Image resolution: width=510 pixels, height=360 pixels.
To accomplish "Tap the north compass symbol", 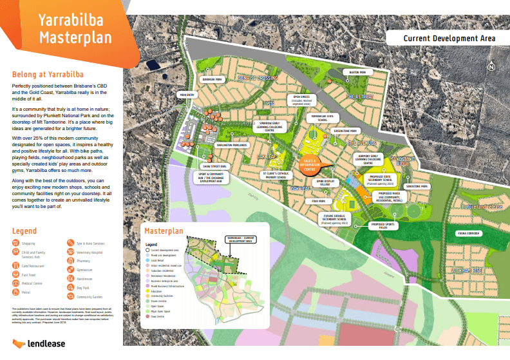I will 491,66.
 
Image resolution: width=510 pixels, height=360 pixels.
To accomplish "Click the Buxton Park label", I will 353,73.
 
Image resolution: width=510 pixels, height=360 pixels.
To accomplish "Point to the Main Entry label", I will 187,95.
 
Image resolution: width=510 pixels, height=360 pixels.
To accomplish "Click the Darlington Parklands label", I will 231,146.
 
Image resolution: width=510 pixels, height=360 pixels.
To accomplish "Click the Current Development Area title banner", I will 449,38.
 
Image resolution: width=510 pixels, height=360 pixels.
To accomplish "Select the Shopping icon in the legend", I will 16,243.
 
